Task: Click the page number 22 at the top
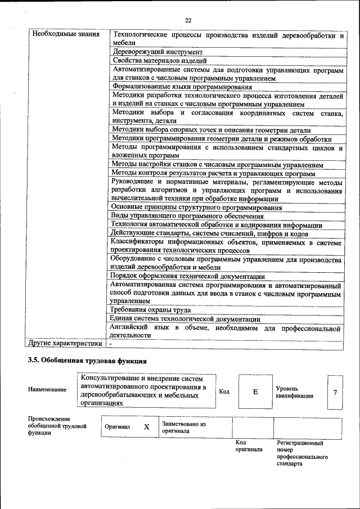[x=188, y=21]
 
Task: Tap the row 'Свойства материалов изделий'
[x=160, y=61]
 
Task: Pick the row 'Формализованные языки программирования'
[x=182, y=87]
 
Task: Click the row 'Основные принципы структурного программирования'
[x=197, y=208]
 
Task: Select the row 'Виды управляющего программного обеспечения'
[x=187, y=217]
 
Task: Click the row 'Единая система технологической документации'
[x=186, y=319]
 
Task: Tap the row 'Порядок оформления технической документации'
[x=188, y=277]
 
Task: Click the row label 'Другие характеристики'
[x=65, y=343]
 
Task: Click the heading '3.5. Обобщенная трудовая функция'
[x=87, y=361]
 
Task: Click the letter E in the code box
[x=255, y=391]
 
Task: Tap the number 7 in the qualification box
[x=335, y=391]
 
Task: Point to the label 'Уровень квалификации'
[x=294, y=392]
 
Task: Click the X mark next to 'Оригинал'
[x=146, y=427]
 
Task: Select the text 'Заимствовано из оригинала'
[x=184, y=427]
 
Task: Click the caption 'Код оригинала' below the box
[x=249, y=446]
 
